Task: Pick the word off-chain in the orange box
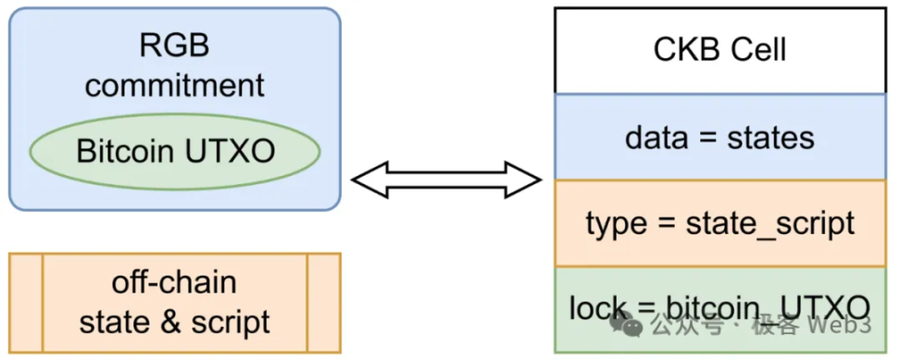point(174,282)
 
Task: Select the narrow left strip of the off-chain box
point(26,303)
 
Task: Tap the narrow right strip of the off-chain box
point(323,303)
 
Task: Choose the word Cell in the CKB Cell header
point(756,49)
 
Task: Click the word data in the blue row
point(656,138)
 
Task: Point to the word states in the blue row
point(770,138)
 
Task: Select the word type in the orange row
point(614,223)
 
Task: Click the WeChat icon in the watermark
point(630,325)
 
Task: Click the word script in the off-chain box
point(230,321)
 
